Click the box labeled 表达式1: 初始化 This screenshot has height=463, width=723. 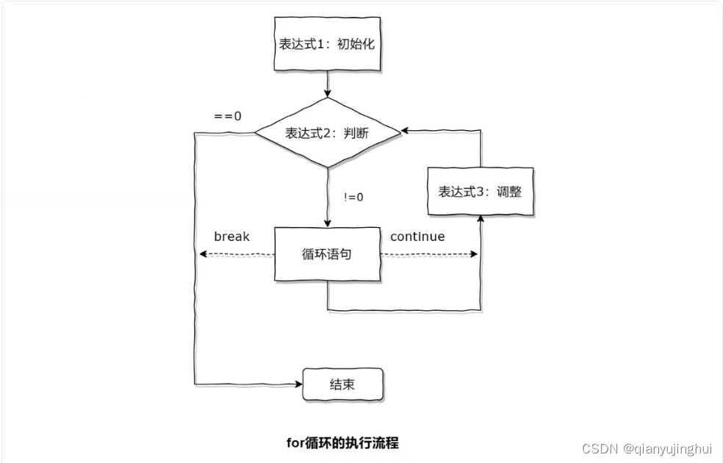point(328,44)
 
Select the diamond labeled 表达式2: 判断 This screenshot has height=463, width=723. point(328,133)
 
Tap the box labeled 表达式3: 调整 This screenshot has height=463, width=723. point(481,191)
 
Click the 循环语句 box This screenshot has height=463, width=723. point(328,254)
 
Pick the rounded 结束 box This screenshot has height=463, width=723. point(343,384)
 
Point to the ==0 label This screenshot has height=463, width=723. point(228,116)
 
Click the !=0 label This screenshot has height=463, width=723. point(353,197)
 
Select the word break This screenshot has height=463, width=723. point(232,237)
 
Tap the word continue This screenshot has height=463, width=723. point(417,237)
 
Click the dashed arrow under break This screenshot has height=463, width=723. point(235,254)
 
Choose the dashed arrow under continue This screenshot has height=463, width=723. point(429,254)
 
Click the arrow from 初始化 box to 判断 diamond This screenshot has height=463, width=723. point(328,84)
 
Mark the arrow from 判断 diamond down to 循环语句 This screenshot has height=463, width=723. point(328,197)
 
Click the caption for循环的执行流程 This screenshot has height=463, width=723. point(342,442)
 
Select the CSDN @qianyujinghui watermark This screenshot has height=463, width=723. point(647,448)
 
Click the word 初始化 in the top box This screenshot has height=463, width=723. point(356,44)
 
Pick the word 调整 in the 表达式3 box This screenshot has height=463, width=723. point(508,191)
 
